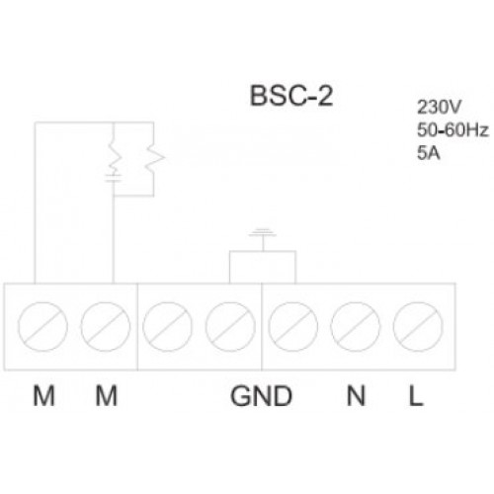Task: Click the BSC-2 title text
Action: coord(291,96)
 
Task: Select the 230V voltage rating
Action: coord(438,107)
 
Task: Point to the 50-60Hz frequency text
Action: coord(453,130)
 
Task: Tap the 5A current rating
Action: coord(429,153)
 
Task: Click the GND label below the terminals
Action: coord(261,395)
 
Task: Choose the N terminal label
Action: coord(356,395)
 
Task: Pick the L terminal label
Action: coord(416,395)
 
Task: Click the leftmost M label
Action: coord(43,395)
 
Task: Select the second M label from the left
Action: coord(106,395)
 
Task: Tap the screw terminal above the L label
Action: coord(418,327)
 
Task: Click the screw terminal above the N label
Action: coord(356,327)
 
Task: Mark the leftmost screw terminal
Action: coord(42,327)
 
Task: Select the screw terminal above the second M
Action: coord(106,327)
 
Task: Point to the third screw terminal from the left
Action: coord(167,327)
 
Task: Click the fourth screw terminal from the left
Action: coord(230,327)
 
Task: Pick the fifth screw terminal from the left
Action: coord(293,327)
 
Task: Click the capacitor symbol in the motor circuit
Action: coord(114,178)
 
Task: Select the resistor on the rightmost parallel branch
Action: coord(154,158)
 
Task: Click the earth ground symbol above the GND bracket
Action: coord(263,234)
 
